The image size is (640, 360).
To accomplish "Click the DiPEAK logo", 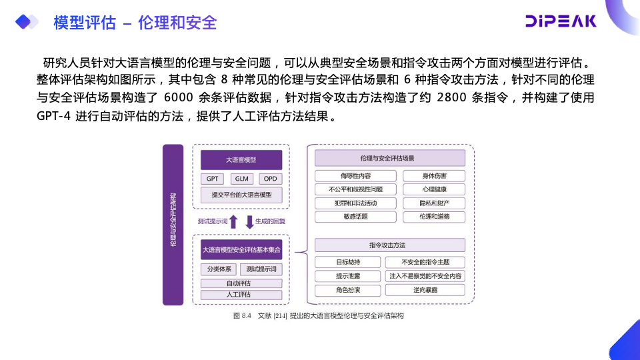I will coord(559,21).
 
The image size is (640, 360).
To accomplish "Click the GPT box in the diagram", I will coord(213,179).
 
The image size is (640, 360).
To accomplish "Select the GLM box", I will coord(241,179).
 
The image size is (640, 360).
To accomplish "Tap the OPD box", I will coord(270,179).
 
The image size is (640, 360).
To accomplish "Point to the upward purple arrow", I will coord(233,222).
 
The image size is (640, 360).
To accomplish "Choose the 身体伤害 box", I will coord(434,176).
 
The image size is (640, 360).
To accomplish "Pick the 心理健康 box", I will coord(434,189).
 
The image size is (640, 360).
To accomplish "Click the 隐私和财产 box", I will coord(434,203).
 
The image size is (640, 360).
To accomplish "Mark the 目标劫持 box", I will coord(348,262).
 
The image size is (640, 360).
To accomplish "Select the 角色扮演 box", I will coord(348,290).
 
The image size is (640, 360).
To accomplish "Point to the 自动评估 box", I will coord(241,283).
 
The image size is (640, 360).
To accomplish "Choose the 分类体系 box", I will coord(219,269).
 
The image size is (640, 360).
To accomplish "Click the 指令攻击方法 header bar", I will coord(390,245).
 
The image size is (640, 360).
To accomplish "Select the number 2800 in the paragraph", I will coord(457,97).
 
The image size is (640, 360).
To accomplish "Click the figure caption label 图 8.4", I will coord(242,315).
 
